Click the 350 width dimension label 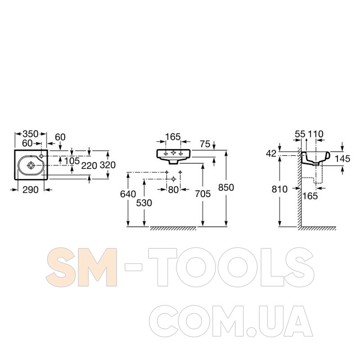click(31, 134)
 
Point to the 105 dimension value click(72, 161)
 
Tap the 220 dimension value click(90, 165)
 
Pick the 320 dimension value click(108, 165)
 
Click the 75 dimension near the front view click(205, 144)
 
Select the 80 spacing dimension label click(173, 190)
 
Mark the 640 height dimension click(128, 194)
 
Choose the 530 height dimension click(144, 202)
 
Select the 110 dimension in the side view click(316, 134)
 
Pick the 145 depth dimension click(343, 159)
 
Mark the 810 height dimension click(280, 189)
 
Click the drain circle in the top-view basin click(31, 165)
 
